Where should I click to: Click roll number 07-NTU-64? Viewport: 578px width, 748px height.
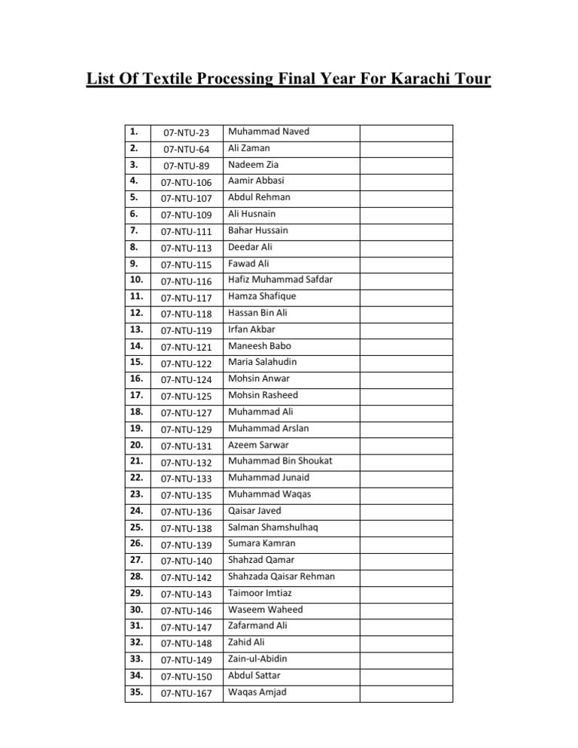(185, 150)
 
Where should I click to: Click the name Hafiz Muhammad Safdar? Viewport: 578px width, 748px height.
(280, 280)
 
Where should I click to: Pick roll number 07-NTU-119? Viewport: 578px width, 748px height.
(187, 330)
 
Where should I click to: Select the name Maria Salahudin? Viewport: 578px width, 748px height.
(263, 362)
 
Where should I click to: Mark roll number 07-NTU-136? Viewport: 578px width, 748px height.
(187, 511)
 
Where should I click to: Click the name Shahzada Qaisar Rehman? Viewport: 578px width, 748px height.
(281, 576)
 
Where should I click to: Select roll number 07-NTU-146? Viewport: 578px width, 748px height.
(187, 610)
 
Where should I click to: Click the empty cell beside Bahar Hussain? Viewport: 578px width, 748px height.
(406, 231)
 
